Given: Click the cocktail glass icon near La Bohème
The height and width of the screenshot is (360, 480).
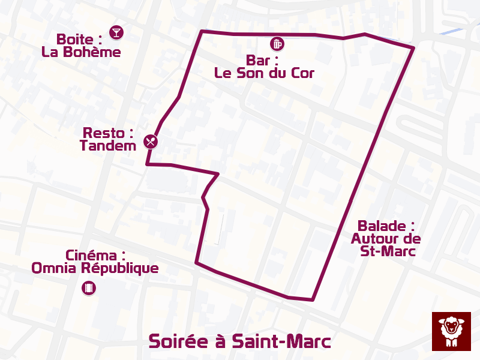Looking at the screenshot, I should click(116, 32).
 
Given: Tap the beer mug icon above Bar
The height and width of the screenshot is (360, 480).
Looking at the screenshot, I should click(277, 43).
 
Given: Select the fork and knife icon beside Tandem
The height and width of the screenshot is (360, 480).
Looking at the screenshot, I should click(151, 142).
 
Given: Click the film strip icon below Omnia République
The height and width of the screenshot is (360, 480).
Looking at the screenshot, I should click(89, 288).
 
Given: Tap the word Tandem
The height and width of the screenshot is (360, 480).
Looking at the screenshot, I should click(108, 145).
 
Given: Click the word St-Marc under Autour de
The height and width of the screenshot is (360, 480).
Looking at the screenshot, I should click(388, 251).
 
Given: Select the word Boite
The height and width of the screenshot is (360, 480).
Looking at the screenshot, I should click(76, 40).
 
